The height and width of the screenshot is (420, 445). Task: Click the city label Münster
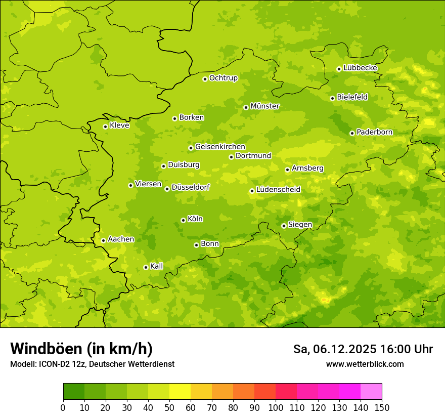coord(265,106)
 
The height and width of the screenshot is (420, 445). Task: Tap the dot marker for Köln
coord(183,220)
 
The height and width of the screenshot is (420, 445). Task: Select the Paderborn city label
coord(374,132)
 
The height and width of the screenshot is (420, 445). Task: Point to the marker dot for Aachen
coord(103,240)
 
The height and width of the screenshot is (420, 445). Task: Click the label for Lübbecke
coord(360,68)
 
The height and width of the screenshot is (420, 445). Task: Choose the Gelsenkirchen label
coord(220,147)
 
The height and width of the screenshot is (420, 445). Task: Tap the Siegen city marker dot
coord(284,226)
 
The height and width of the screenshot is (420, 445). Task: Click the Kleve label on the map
coord(119,125)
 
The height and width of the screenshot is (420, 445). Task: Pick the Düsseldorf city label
coord(191,187)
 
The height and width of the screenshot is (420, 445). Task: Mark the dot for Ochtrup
coord(205,79)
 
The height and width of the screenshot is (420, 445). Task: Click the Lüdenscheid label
coord(278,190)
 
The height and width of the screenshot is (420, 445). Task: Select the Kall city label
coord(156,266)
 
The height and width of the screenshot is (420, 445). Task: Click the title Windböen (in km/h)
coord(81,349)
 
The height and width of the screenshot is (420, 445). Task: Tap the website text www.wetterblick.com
coord(365,364)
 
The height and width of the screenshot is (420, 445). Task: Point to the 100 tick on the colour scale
coord(276,407)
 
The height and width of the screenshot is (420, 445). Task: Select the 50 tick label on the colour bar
coord(169,407)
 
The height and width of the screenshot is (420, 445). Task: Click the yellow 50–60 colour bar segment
coord(180,392)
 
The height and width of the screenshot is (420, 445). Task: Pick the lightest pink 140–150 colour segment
coord(371,392)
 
